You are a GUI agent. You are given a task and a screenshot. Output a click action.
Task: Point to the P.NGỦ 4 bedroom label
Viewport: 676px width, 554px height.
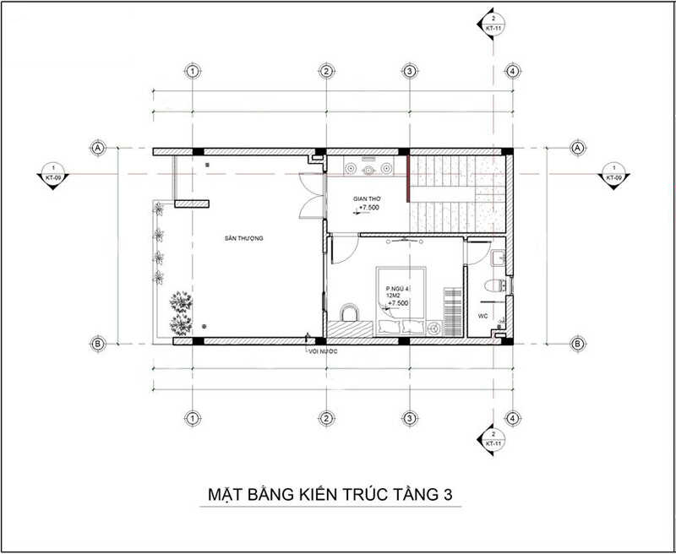click(x=396, y=287)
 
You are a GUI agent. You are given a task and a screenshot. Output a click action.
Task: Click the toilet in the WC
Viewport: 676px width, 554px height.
click(x=498, y=283)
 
